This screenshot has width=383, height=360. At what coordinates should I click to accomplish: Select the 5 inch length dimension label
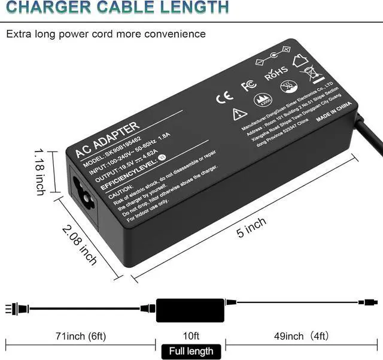click(251, 228)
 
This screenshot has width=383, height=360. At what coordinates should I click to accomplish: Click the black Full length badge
click(190, 350)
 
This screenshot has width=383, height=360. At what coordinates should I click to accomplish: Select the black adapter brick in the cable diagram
click(190, 308)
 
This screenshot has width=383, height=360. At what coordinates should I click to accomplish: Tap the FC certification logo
click(248, 86)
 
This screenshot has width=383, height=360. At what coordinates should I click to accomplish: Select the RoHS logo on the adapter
click(276, 74)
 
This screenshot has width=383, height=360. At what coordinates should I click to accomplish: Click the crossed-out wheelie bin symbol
click(312, 74)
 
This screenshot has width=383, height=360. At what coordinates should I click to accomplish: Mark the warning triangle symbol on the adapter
click(240, 113)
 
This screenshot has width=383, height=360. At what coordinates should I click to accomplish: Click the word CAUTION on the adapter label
click(124, 187)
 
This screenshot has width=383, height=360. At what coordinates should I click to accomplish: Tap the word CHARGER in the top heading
click(42, 7)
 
